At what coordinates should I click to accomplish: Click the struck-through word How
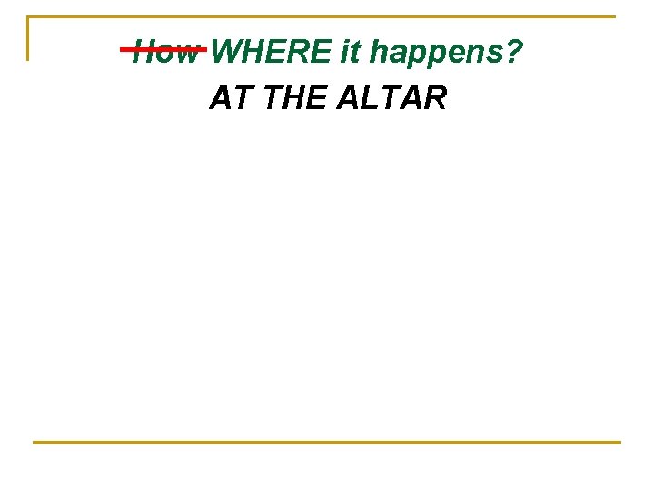point(165,53)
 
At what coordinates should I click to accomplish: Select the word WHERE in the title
point(272,53)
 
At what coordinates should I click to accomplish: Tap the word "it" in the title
point(351,53)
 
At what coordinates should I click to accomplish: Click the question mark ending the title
point(514,53)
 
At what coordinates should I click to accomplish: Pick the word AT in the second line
point(229,97)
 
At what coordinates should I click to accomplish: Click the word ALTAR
point(391,97)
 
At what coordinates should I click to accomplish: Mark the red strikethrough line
point(163,50)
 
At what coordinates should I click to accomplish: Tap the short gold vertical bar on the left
point(28,39)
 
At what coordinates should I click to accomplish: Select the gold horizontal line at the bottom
point(327,442)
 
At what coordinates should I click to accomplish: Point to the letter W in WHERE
point(230,53)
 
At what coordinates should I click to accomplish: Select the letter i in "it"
point(345,53)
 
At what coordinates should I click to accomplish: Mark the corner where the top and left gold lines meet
point(28,17)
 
